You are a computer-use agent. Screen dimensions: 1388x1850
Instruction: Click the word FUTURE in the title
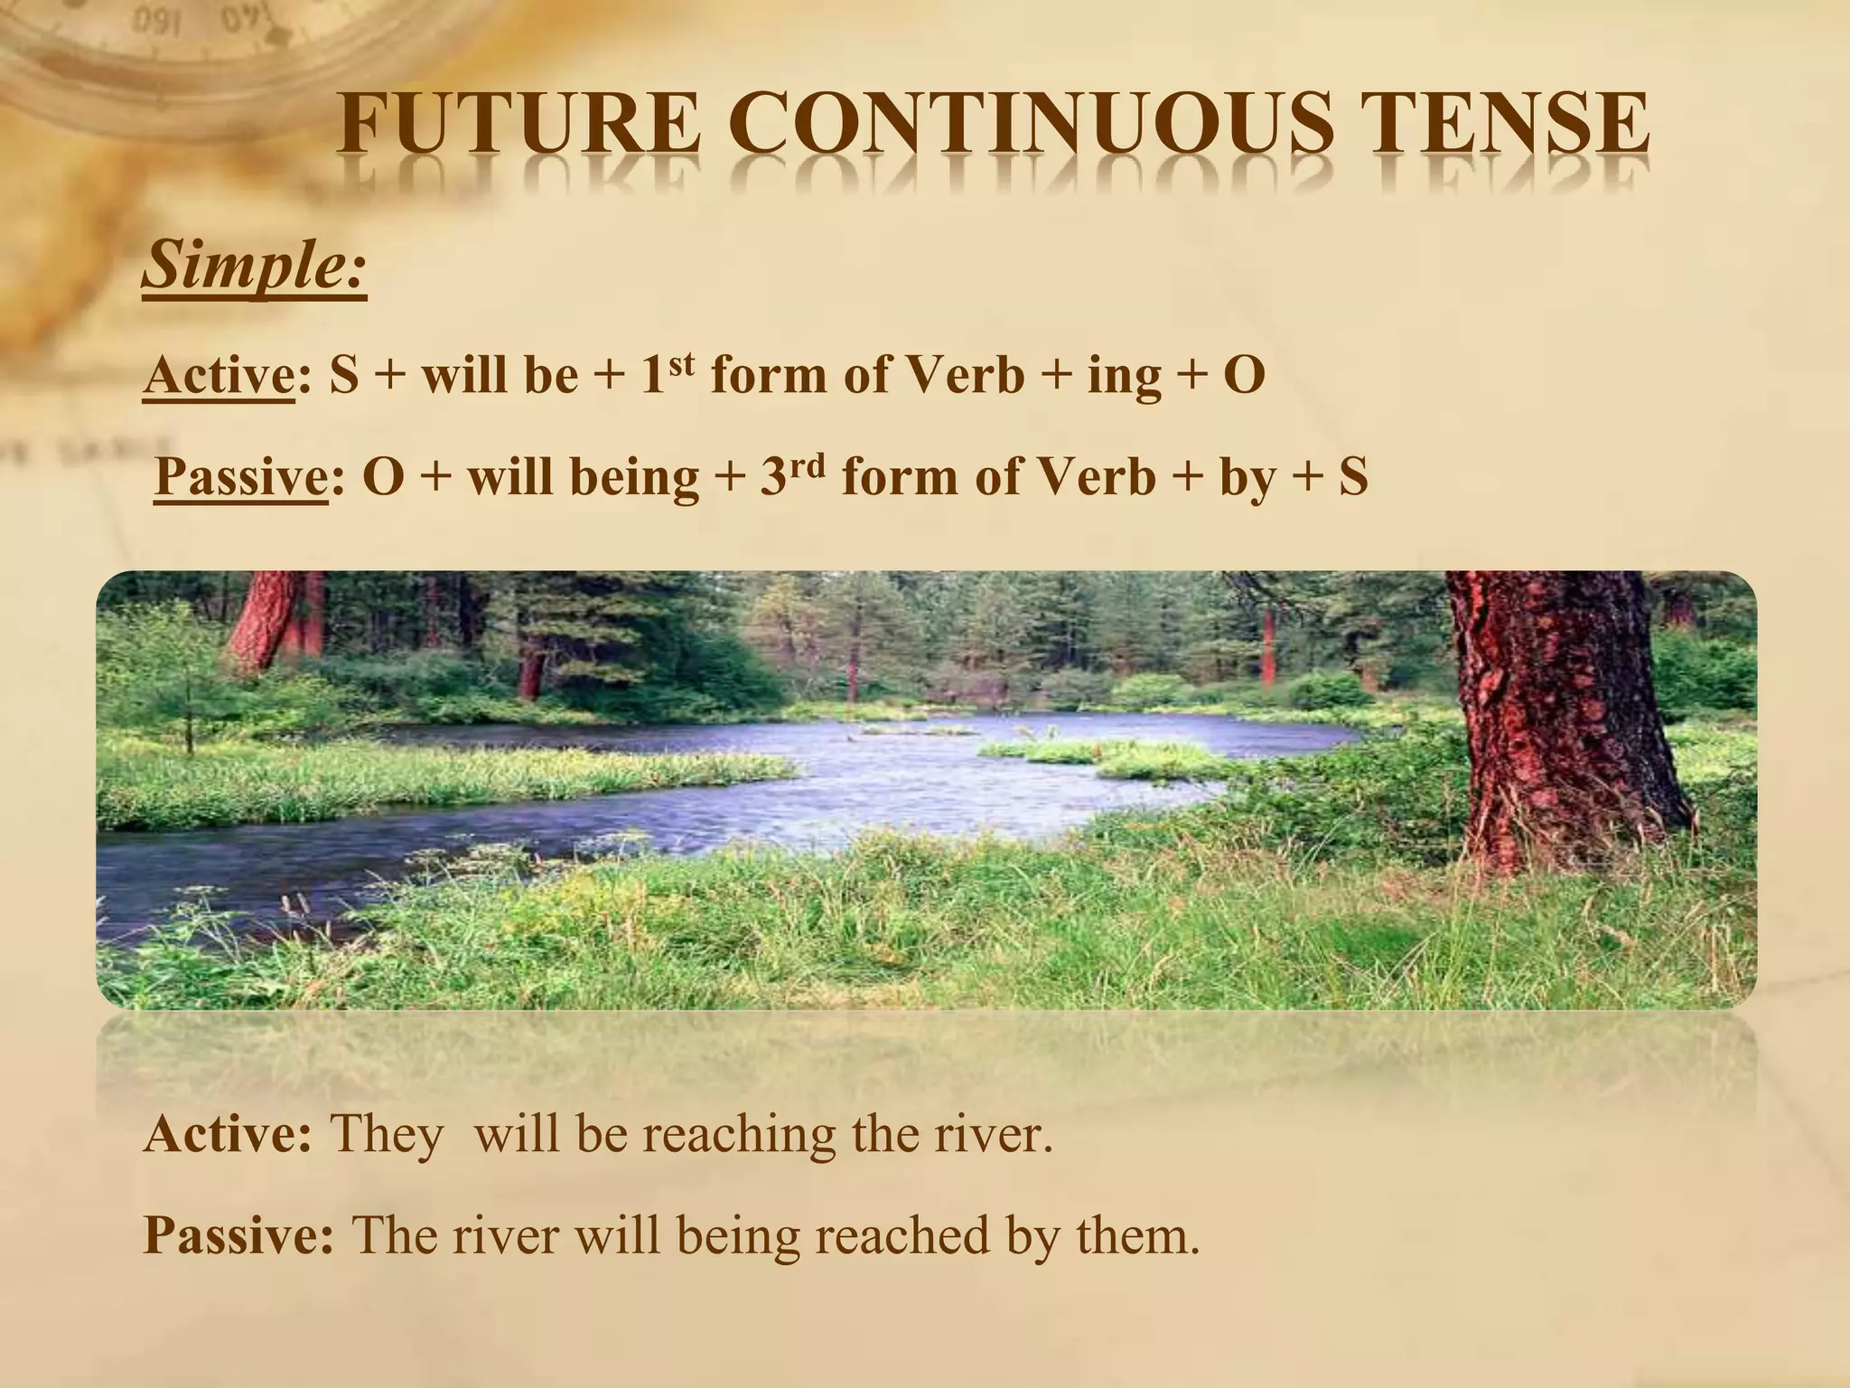[x=519, y=127]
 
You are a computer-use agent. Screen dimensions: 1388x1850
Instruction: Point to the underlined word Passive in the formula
[x=241, y=477]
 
